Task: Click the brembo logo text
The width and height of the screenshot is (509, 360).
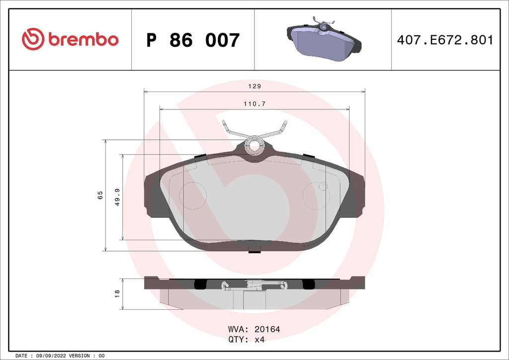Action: (x=83, y=39)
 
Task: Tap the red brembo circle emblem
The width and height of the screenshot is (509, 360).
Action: (x=33, y=39)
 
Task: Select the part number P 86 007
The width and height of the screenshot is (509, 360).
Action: (x=193, y=40)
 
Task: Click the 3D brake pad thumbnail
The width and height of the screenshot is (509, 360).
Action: (x=324, y=40)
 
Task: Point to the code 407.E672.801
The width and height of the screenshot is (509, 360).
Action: (x=445, y=40)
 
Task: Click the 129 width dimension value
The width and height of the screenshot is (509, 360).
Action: (x=254, y=86)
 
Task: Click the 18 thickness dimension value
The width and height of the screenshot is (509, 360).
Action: (x=117, y=293)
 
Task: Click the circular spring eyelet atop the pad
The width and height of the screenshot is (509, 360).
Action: (x=256, y=145)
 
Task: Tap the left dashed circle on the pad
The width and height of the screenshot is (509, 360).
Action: (x=192, y=195)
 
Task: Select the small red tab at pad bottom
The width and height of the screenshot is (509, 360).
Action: (x=254, y=252)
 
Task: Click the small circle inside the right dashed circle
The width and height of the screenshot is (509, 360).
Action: (x=322, y=187)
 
